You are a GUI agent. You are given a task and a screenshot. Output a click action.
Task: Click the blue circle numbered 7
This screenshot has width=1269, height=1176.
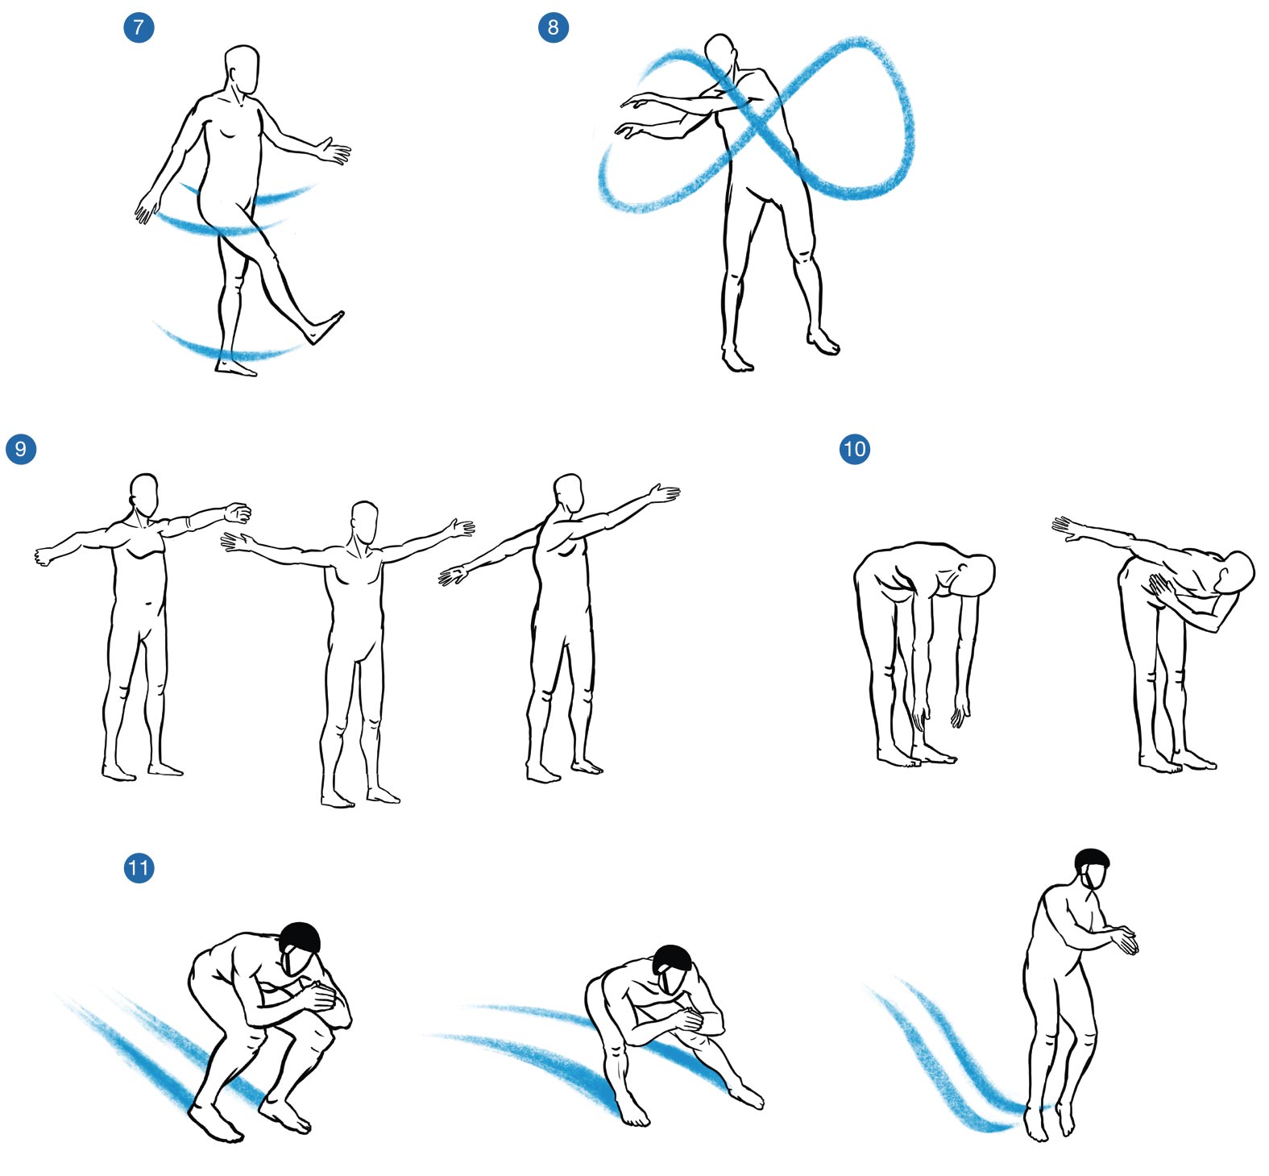coord(139,27)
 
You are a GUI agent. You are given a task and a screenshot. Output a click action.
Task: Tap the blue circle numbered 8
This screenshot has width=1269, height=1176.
coord(553,27)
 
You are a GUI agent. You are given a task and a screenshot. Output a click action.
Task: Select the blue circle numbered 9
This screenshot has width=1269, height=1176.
coord(21,449)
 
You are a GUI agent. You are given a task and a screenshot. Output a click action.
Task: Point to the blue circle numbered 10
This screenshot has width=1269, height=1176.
coord(855,448)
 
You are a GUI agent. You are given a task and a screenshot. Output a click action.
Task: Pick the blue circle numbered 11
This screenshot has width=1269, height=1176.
coord(139,868)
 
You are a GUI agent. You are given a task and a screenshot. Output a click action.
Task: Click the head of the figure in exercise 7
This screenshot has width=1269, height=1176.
coord(242,69)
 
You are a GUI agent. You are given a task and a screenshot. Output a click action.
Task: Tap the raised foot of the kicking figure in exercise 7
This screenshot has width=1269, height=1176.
coord(326,326)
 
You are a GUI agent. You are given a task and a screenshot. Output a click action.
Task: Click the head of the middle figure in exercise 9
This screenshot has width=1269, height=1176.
coord(365,523)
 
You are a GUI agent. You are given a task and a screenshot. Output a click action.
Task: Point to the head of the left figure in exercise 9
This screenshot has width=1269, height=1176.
coord(144,495)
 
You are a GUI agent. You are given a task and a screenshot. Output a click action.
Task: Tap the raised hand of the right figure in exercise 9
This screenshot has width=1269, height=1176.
coord(665,493)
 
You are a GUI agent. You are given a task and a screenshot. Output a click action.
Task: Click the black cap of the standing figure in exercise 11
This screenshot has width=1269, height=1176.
coord(1092,859)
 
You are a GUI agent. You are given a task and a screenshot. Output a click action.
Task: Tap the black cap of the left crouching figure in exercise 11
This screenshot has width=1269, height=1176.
coord(301,937)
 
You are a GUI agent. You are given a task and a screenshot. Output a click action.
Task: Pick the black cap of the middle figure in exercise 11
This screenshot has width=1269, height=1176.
coord(673,958)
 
